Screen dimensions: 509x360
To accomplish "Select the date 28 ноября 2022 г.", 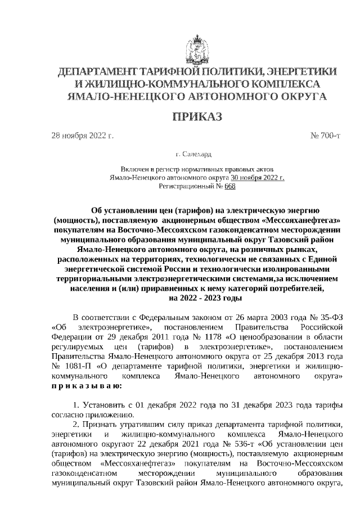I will point(82,136).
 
